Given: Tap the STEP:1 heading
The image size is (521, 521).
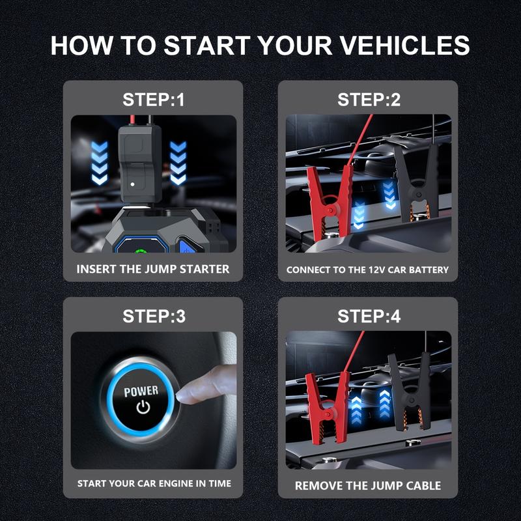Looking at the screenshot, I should coord(153,100).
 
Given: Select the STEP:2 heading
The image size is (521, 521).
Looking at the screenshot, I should coord(368,100).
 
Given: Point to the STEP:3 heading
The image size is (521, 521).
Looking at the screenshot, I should coord(153,317).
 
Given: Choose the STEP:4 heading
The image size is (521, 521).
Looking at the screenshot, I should coord(368,317).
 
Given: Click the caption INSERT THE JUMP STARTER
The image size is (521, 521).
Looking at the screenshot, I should coord(153,268).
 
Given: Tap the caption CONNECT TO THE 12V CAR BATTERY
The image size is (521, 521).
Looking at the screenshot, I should coord(368,269).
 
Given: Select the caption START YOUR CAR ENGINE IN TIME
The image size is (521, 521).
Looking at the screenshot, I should coord(153,484).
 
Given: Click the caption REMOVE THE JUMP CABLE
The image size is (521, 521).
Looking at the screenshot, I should coord(368,485).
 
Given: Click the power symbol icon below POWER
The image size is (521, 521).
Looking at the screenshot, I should coord(141,408).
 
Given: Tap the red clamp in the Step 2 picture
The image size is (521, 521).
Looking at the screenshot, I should coord(329,195).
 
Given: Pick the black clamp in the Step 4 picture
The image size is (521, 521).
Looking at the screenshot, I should coord(409,394).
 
